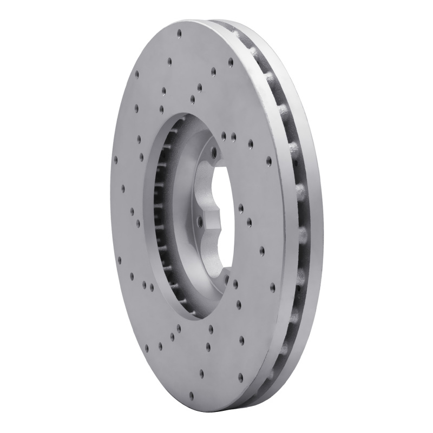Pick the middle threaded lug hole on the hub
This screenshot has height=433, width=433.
pos(199,220)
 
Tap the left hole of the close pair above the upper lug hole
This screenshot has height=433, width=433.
pos(224,134)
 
